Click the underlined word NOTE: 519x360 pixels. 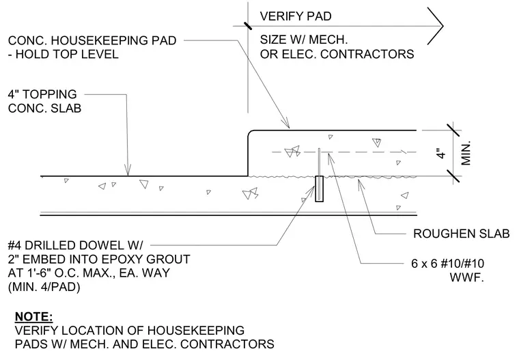click(33, 317)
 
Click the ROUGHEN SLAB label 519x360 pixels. click(461, 234)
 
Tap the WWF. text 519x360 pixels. click(466, 277)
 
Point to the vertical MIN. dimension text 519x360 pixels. click(466, 153)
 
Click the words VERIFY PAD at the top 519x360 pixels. click(296, 16)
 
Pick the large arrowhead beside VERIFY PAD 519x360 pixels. click(436, 26)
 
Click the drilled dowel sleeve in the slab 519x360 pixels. click(319, 189)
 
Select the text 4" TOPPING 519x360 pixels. click(42, 94)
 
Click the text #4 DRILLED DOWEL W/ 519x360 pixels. click(76, 245)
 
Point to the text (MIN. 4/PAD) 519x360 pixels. click(44, 287)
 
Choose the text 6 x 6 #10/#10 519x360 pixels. click(447, 264)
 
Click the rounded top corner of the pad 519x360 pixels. click(250, 133)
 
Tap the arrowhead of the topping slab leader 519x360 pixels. click(128, 170)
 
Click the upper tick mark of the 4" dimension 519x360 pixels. click(453, 130)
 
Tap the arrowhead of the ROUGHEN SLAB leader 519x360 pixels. click(361, 183)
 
